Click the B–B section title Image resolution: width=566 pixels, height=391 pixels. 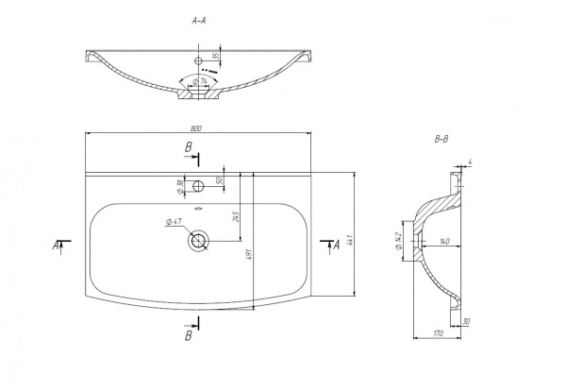coord(441,140)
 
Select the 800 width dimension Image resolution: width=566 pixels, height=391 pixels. coord(197,127)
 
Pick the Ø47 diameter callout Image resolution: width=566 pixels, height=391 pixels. coord(174,222)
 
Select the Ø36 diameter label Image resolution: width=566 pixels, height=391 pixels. coord(179,185)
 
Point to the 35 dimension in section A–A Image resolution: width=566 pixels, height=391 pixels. coord(215,58)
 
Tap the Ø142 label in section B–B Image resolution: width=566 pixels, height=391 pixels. coord(399,241)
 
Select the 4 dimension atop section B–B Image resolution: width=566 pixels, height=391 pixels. coord(469,163)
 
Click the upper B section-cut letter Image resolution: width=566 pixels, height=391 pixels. coord(189,147)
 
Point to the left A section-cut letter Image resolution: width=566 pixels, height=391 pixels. coord(56,246)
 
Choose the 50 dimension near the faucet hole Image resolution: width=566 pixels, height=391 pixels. coord(218,179)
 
